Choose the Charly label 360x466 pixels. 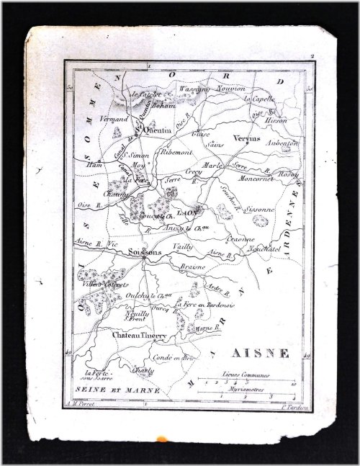143,370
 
